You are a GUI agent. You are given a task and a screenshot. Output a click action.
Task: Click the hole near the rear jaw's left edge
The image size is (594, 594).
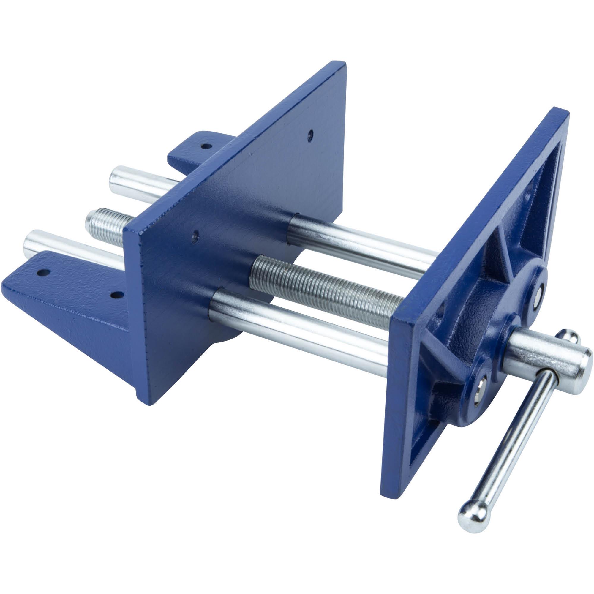point(194,236)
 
